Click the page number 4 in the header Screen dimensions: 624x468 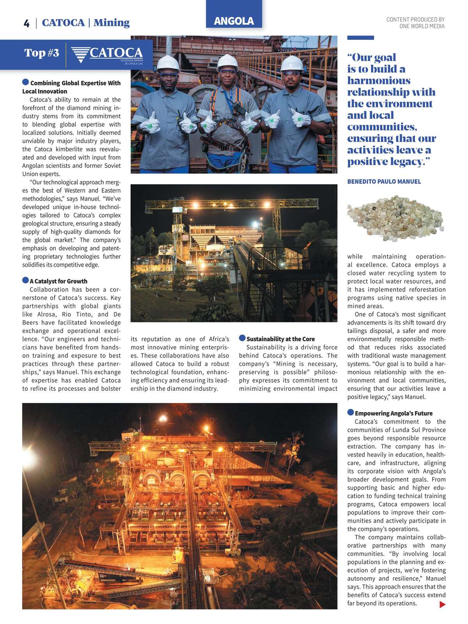click(x=27, y=23)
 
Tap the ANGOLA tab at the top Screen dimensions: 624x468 click(x=234, y=21)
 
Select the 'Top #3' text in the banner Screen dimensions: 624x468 click(x=42, y=53)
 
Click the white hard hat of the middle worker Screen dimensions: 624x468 click(x=227, y=61)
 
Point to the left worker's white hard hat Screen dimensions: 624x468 click(x=167, y=62)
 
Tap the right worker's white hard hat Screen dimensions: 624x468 click(x=292, y=62)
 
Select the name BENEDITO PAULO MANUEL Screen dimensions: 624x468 click(x=384, y=182)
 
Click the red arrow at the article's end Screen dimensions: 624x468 click(x=442, y=604)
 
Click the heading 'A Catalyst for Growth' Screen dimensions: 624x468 click(x=58, y=281)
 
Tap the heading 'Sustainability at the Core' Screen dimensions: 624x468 click(x=280, y=339)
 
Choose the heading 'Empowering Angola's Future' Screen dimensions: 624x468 click(x=394, y=413)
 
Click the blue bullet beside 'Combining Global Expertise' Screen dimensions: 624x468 click(x=26, y=82)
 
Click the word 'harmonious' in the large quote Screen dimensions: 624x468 click(x=379, y=81)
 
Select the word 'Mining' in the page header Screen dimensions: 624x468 click(x=112, y=23)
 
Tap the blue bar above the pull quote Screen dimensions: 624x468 click(x=360, y=38)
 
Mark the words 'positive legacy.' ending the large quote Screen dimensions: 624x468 click(x=388, y=161)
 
